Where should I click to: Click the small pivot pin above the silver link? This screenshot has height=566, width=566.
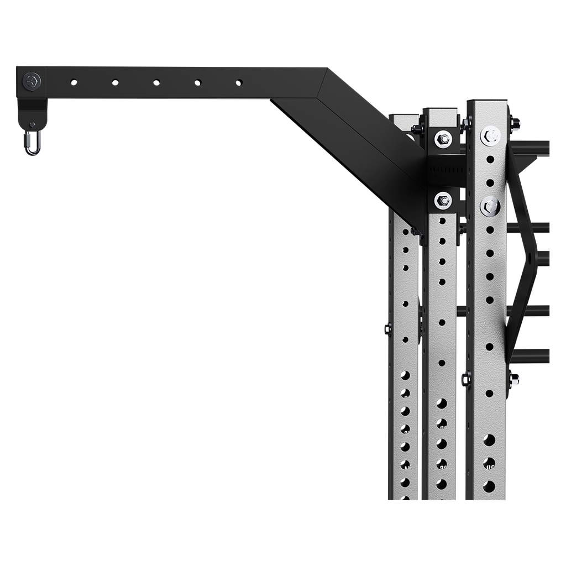coord(33,124)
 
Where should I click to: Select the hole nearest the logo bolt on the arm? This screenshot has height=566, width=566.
coord(74,82)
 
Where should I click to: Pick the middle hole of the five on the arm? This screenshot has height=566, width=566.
coord(156,82)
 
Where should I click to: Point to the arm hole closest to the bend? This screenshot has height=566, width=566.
coord(239,82)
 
